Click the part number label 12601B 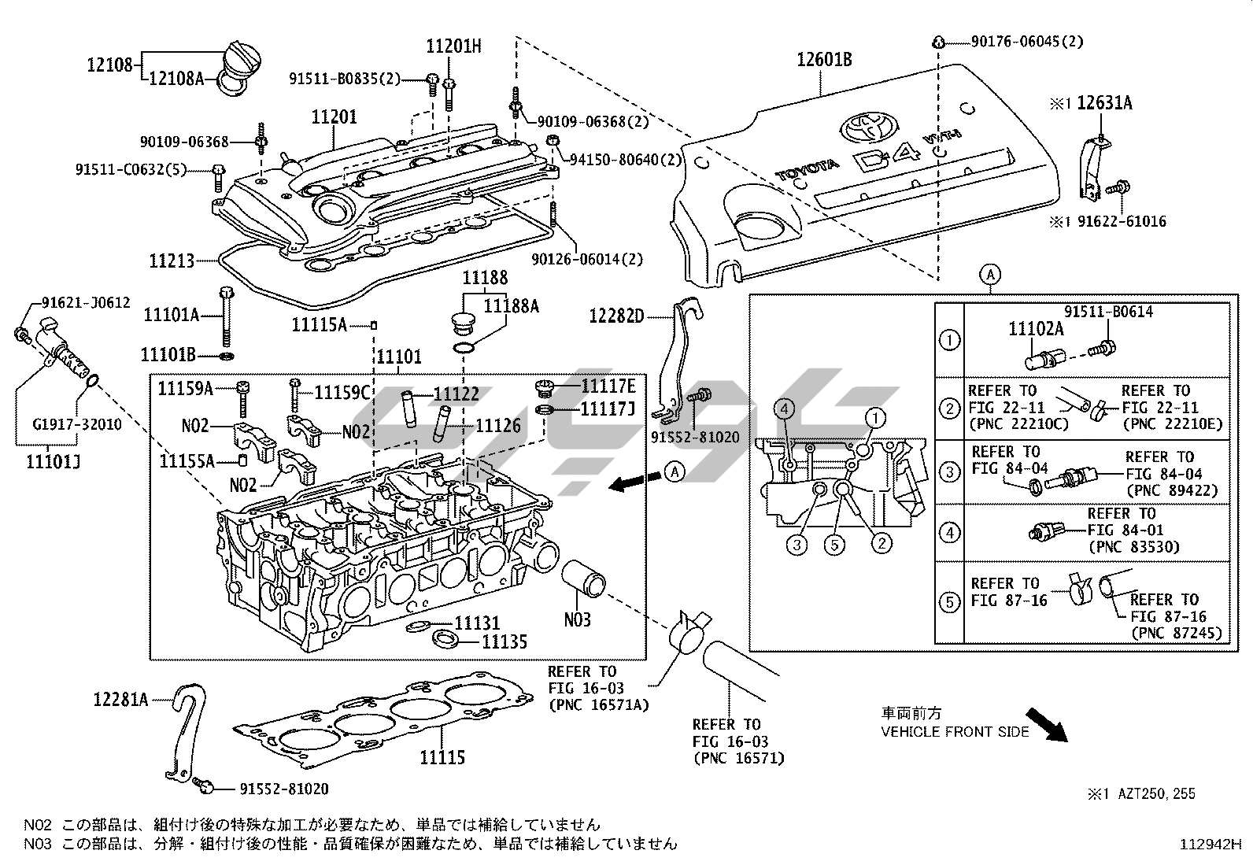tap(824, 60)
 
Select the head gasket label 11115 tap(442, 757)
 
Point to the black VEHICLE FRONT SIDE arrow tap(1046, 723)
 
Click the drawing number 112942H tap(1210, 845)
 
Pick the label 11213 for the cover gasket tap(172, 259)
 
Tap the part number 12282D tap(616, 316)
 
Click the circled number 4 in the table tap(950, 533)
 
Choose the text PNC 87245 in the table tap(1177, 633)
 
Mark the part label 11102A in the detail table tap(1036, 329)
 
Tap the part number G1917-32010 tap(76, 424)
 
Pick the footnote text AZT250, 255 tap(1156, 793)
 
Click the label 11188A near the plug tap(511, 306)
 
